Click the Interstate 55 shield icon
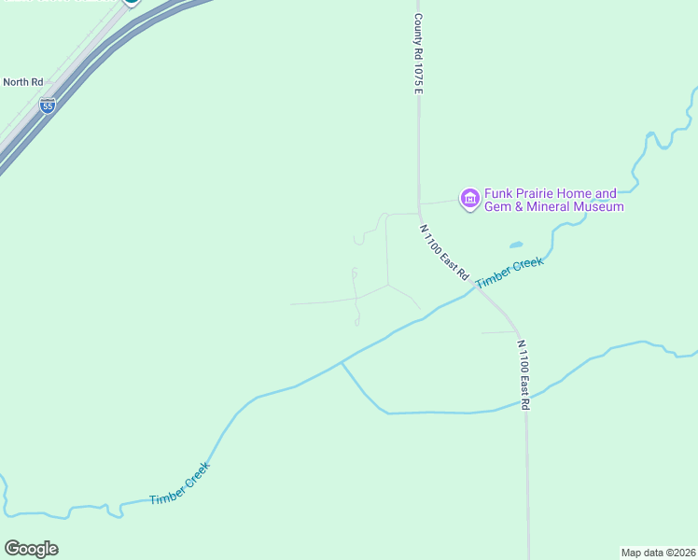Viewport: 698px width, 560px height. click(48, 105)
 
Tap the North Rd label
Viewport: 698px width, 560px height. click(23, 82)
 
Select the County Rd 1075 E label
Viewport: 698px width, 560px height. click(419, 52)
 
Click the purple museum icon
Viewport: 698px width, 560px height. click(469, 198)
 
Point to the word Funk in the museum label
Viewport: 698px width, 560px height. click(499, 194)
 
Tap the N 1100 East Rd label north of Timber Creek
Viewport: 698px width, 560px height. click(443, 253)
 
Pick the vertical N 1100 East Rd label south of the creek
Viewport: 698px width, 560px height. click(523, 374)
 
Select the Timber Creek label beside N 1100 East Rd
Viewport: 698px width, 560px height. click(509, 273)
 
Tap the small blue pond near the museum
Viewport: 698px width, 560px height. click(515, 245)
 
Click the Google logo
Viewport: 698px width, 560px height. click(31, 549)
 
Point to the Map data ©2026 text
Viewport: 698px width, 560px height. click(659, 553)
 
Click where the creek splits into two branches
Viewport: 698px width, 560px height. click(342, 362)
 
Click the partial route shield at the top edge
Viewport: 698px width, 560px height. click(132, 3)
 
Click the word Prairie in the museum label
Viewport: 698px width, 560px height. click(538, 194)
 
